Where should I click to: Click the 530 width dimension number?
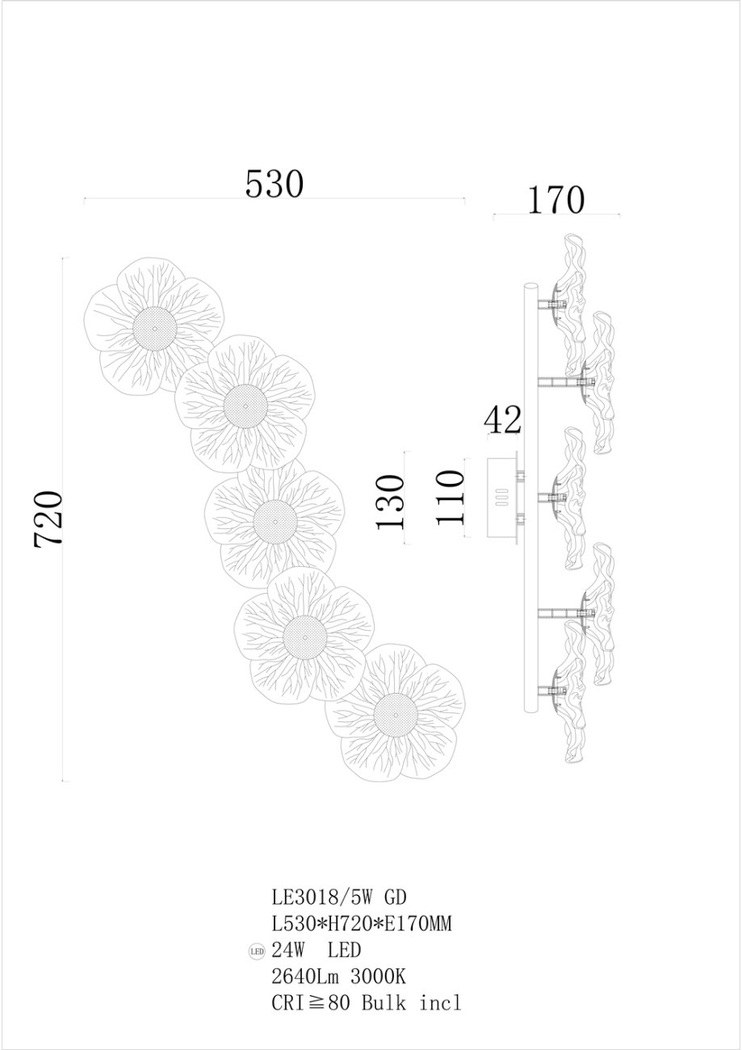point(275,183)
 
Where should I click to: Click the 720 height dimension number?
point(48,519)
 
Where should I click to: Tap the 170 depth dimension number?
point(556,199)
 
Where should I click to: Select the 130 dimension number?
point(389,502)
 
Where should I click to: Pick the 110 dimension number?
point(450,498)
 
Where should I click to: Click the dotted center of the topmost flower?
point(155,328)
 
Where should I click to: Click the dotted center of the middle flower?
point(275,521)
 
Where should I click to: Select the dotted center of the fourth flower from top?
point(305,637)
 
